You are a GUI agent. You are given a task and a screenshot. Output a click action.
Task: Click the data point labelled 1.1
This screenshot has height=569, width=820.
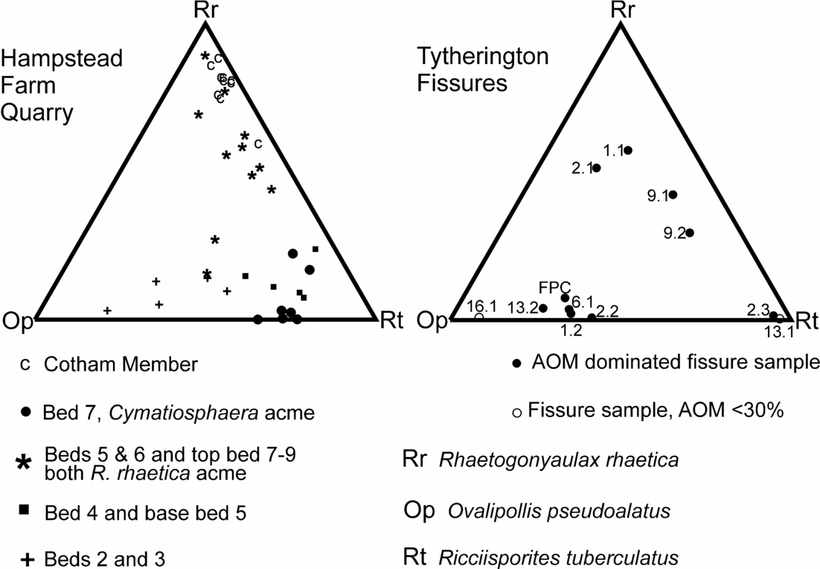pyautogui.click(x=628, y=150)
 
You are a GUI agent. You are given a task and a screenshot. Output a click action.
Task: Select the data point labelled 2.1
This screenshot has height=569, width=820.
pyautogui.click(x=596, y=168)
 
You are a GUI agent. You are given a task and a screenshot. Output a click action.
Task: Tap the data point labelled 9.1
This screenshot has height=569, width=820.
pyautogui.click(x=673, y=195)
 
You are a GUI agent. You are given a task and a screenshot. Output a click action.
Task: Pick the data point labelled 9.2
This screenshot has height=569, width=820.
pyautogui.click(x=690, y=233)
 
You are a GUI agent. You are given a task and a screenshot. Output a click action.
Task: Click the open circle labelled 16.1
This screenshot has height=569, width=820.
pyautogui.click(x=479, y=317)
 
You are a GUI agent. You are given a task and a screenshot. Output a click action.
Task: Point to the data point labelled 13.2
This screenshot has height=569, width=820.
pyautogui.click(x=543, y=308)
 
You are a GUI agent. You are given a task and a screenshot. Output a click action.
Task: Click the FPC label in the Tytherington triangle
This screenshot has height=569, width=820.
pyautogui.click(x=555, y=286)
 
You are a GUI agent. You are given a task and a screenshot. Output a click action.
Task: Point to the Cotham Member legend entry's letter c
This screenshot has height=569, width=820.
pyautogui.click(x=25, y=364)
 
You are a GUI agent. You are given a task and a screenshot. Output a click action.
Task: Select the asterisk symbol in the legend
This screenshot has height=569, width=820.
pyautogui.click(x=25, y=462)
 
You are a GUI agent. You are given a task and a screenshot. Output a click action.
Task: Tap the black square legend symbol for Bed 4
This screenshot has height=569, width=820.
pyautogui.click(x=25, y=510)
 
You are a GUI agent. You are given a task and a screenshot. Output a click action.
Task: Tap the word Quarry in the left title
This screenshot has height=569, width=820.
pyautogui.click(x=36, y=112)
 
